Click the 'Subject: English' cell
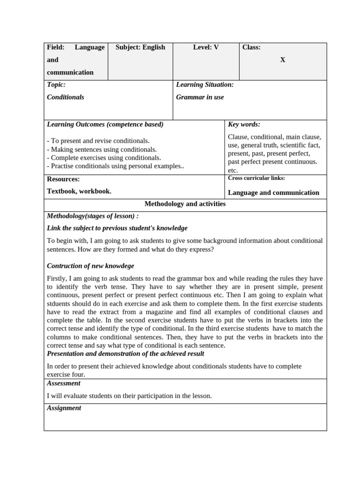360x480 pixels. click(140, 47)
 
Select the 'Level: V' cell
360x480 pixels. click(206, 47)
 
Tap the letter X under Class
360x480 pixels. click(283, 60)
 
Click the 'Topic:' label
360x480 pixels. click(56, 85)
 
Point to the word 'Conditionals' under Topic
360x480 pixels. click(66, 97)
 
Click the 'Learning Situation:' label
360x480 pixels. click(205, 85)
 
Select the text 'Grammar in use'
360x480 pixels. click(200, 97)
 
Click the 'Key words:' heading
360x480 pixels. click(244, 125)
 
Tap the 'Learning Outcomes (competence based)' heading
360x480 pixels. click(105, 125)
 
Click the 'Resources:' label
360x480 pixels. click(63, 179)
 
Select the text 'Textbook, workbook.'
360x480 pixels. click(79, 191)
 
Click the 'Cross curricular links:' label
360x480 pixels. click(256, 178)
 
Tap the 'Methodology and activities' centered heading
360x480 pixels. click(185, 204)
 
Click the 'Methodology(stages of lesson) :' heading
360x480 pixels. click(93, 216)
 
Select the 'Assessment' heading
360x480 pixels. click(64, 383)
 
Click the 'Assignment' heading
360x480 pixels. click(64, 408)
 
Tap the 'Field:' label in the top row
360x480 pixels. click(55, 47)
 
